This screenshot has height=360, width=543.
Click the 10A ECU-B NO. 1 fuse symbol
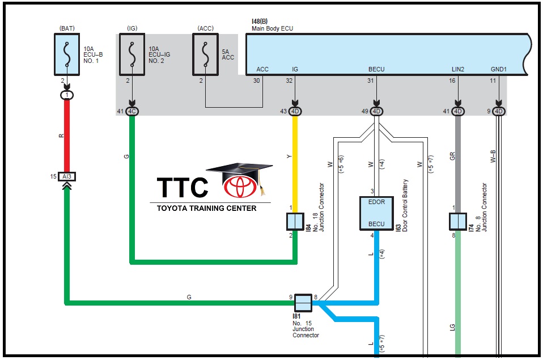coord(67,53)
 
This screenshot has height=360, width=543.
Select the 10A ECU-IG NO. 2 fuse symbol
coord(132,54)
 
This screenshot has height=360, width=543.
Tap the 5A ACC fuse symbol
coord(205,54)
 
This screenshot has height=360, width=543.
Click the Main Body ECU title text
coord(273,28)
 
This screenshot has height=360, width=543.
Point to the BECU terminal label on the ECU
coord(376,69)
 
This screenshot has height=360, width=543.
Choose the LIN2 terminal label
coord(458,69)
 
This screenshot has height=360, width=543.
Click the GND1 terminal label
coord(499,69)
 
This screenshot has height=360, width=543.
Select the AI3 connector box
coord(67,177)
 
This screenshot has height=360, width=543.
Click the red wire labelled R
coord(67,136)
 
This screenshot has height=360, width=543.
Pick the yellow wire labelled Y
coord(295,159)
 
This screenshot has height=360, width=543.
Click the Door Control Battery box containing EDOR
coord(376,213)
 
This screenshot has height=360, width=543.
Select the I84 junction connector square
coord(295,221)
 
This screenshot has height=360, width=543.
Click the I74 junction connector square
coord(458,221)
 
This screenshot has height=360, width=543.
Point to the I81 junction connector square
coord(303,303)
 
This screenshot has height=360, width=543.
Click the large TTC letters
coord(183,188)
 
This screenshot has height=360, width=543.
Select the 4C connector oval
coord(132,111)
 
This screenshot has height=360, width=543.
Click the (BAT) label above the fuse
coord(67,27)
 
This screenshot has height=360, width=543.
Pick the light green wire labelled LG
coord(458,295)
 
